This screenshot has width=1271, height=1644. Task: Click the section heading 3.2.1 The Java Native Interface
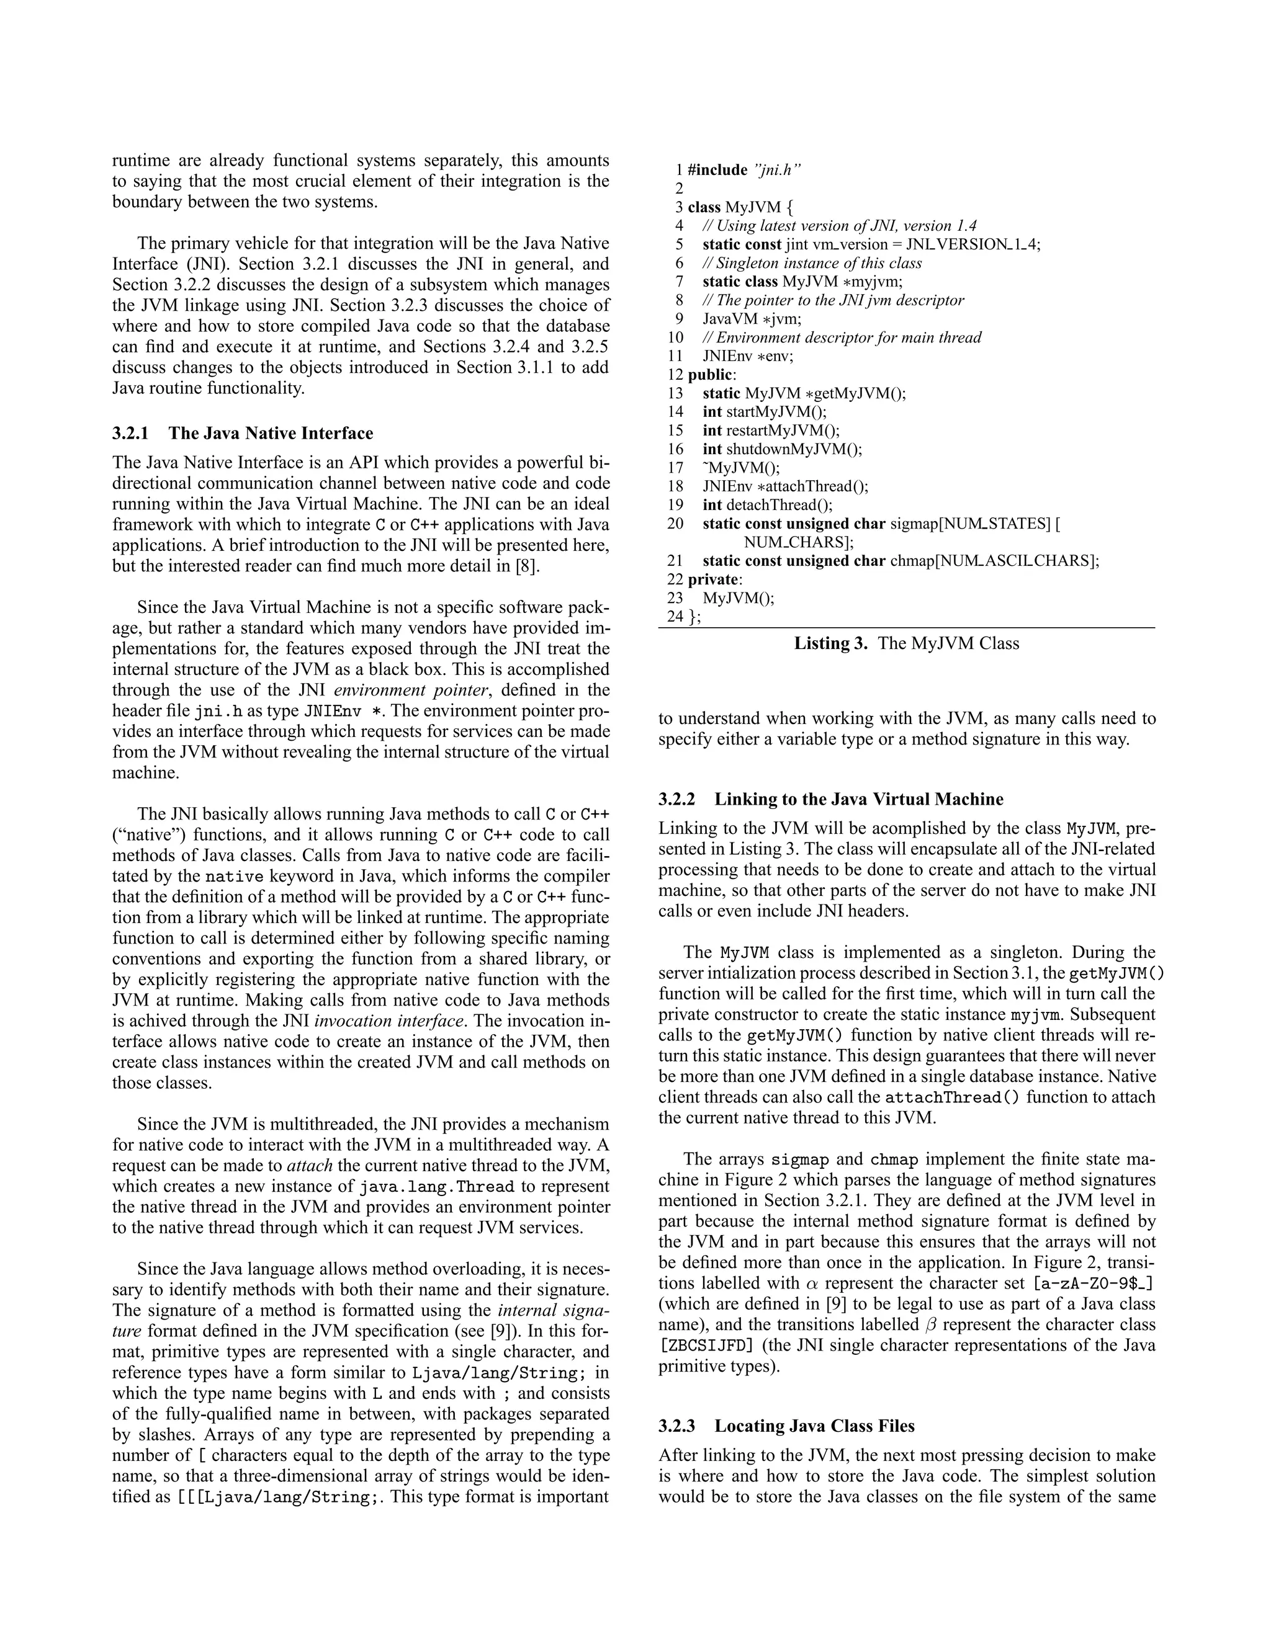click(x=243, y=433)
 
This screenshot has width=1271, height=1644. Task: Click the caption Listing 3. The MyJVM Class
click(x=907, y=643)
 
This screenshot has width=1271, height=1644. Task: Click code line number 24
click(x=675, y=617)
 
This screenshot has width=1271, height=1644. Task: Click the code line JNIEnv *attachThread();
click(x=785, y=486)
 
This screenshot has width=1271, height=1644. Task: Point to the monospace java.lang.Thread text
click(x=437, y=1187)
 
